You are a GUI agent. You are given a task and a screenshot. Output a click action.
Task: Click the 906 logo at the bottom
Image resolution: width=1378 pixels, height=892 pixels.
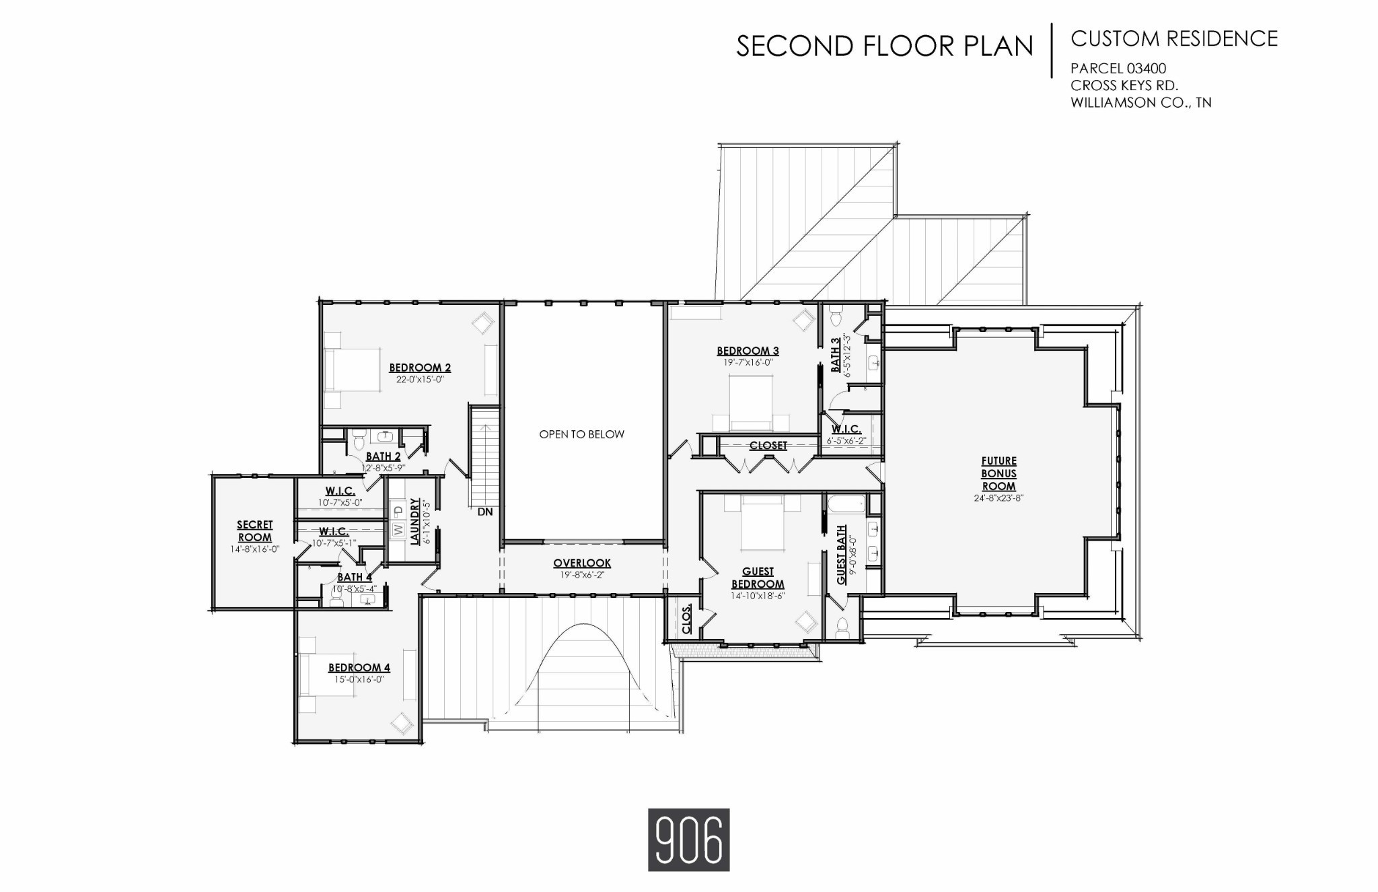[688, 839]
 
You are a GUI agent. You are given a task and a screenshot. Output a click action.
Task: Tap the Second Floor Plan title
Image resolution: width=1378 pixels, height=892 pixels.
[885, 46]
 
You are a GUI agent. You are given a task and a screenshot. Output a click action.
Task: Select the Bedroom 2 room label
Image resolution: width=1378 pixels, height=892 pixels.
[420, 368]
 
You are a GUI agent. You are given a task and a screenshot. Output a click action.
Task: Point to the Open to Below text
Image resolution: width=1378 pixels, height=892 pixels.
[581, 434]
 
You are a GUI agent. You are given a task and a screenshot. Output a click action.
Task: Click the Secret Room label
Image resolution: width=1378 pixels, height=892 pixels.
[254, 531]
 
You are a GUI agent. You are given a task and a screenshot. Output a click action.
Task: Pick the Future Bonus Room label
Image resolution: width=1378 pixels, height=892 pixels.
[999, 473]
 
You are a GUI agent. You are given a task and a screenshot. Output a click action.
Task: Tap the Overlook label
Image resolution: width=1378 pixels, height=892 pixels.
[582, 563]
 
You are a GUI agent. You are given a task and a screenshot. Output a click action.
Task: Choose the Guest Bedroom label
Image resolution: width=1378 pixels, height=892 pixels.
[758, 578]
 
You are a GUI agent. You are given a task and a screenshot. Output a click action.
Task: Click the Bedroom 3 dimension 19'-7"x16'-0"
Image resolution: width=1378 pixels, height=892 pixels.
[748, 362]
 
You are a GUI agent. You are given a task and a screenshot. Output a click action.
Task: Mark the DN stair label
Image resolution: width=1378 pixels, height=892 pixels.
[485, 512]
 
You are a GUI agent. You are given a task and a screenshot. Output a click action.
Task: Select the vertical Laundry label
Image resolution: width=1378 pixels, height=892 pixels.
[414, 521]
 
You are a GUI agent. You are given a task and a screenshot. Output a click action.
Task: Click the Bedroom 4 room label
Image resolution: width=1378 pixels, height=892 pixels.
[359, 668]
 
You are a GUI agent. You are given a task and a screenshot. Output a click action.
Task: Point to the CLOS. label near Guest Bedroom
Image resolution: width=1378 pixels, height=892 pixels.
[686, 619]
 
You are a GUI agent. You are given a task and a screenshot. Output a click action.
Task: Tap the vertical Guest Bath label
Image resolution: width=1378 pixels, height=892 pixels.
[842, 555]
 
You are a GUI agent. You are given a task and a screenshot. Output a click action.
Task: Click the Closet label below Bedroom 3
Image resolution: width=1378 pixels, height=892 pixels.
[768, 446]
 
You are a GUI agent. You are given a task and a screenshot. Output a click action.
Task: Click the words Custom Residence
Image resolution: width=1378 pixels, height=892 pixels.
[1174, 39]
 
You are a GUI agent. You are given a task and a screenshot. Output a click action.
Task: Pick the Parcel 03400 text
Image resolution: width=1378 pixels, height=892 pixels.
[1118, 68]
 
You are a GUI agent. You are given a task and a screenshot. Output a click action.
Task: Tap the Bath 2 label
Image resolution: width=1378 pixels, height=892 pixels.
[384, 457]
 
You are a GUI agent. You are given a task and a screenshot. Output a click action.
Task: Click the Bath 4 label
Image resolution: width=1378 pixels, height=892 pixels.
[355, 577]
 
